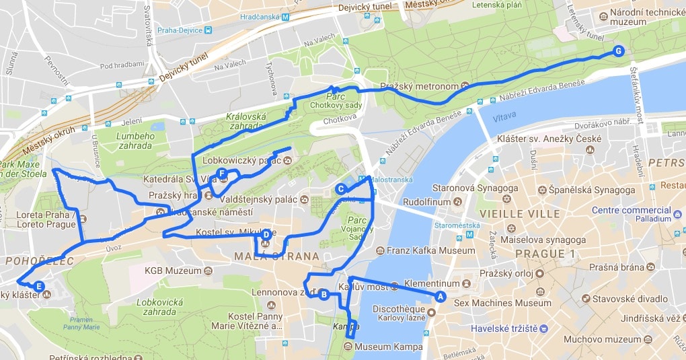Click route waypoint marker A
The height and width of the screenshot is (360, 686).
441,296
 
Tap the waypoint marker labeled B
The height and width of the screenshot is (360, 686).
323,294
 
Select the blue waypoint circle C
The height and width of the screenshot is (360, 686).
341,189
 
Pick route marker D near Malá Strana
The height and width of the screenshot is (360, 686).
266,235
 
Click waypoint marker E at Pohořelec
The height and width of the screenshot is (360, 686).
39,287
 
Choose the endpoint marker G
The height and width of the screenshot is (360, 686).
618,50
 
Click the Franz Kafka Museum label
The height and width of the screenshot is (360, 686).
430,251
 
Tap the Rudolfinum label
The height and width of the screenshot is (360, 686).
426,201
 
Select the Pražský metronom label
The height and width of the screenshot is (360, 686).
419,87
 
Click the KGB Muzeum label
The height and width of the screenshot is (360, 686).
173,271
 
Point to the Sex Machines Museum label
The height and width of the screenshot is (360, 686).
502,303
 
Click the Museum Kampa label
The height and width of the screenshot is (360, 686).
389,347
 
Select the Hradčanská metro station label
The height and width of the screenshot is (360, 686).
256,17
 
